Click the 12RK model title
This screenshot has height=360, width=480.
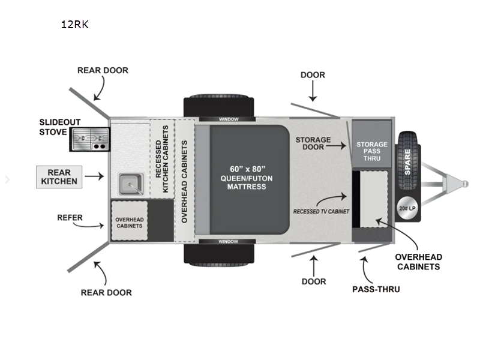[74, 25]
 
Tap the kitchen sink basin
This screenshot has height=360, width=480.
[129, 184]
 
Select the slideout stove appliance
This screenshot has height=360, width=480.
[89, 139]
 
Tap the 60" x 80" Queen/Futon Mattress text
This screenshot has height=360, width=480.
[247, 176]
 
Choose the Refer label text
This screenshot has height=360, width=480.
[70, 218]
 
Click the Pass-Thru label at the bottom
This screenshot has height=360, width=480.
[376, 289]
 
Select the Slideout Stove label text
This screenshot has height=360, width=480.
[60, 127]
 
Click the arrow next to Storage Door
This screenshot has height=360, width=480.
[340, 145]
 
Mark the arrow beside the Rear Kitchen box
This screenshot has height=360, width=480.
[94, 176]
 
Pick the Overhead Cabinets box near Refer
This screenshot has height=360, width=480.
[129, 221]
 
